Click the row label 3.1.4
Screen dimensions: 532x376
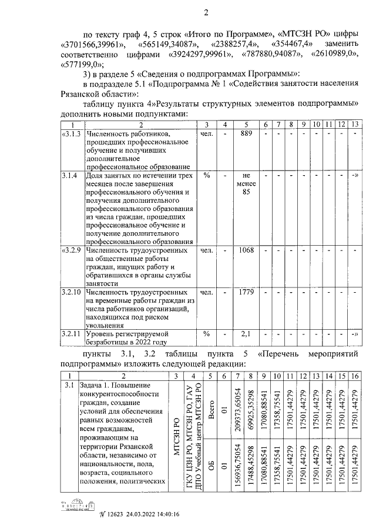(70, 176)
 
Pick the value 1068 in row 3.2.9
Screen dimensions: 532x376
(246, 250)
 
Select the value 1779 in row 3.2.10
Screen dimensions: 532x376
(246, 292)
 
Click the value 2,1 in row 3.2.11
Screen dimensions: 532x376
(246, 333)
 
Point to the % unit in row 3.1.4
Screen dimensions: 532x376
(206, 176)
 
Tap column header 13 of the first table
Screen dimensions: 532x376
(354, 125)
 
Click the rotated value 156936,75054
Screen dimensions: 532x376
(239, 464)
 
